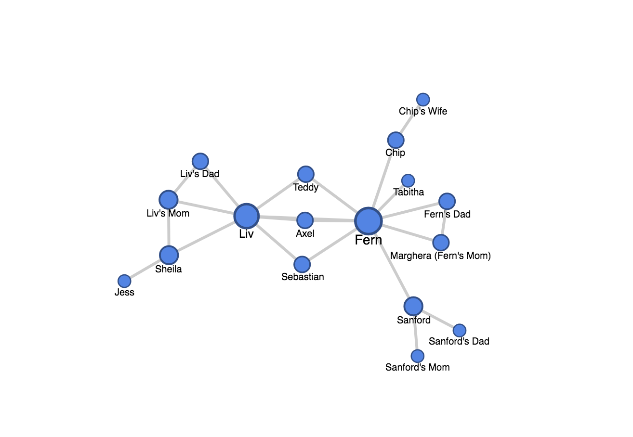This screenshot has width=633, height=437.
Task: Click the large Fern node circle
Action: coord(369,221)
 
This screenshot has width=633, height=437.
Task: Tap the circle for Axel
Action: coord(305,220)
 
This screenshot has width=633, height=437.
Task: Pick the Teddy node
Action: coord(306,174)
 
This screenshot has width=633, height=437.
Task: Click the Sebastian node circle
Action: coord(302,264)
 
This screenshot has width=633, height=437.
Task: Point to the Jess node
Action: coord(124,281)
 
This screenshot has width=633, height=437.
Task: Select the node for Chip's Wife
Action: coord(423,100)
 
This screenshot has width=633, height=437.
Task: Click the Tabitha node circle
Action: coord(408,180)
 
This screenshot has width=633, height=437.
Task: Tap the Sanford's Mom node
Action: coord(417,356)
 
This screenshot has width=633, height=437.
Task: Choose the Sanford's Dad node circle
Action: coord(460,330)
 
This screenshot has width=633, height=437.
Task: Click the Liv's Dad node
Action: coord(200,161)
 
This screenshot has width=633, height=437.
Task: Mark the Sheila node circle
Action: coord(169,255)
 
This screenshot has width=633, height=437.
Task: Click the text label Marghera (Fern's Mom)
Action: coord(440,256)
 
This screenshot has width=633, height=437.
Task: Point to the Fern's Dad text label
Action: coord(447,214)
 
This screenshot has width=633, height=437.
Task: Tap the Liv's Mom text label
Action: coord(168,213)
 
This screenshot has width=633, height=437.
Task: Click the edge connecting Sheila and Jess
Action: coord(145,269)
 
